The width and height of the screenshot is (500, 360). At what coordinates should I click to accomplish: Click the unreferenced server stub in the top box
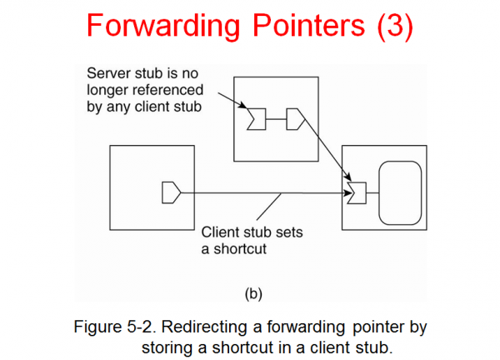(x=256, y=120)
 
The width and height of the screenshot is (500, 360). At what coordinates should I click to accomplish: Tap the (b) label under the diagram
(x=252, y=293)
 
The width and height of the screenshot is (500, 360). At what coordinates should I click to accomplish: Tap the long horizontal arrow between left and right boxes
(x=267, y=193)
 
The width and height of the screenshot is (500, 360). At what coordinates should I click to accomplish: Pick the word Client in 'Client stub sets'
(x=220, y=232)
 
